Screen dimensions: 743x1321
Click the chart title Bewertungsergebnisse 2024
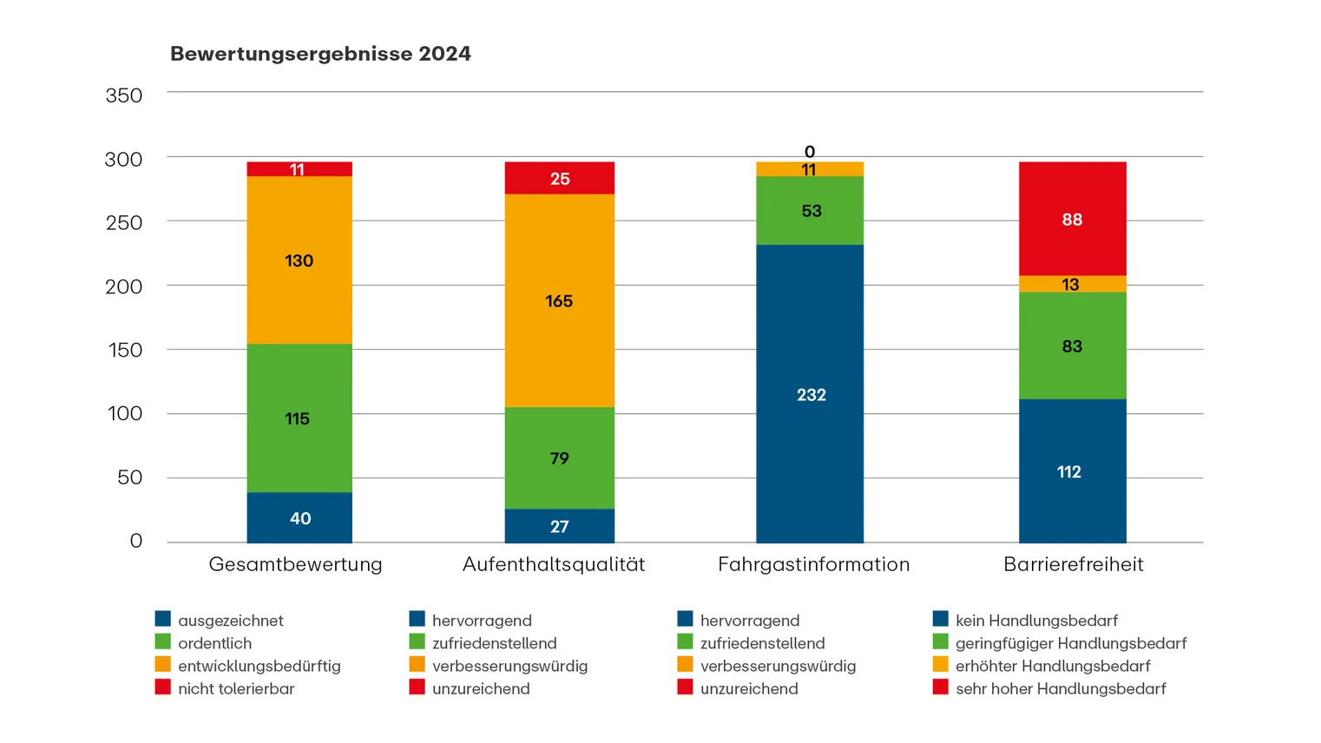320,54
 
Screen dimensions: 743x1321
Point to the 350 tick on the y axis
123,95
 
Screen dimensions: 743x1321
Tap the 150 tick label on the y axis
123,350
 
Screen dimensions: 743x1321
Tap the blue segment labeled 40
299,518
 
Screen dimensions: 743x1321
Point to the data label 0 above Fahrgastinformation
809,152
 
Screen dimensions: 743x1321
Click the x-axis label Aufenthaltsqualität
554,564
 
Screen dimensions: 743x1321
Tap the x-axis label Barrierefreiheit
1073,564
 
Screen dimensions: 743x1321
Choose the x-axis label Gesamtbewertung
295,564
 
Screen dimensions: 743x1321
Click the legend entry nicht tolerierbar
236,688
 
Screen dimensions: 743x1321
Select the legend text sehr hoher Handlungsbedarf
1061,688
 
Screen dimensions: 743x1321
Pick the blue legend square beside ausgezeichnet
162,619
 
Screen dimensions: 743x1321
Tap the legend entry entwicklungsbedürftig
259,666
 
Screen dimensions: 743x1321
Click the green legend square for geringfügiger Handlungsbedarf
940,642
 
